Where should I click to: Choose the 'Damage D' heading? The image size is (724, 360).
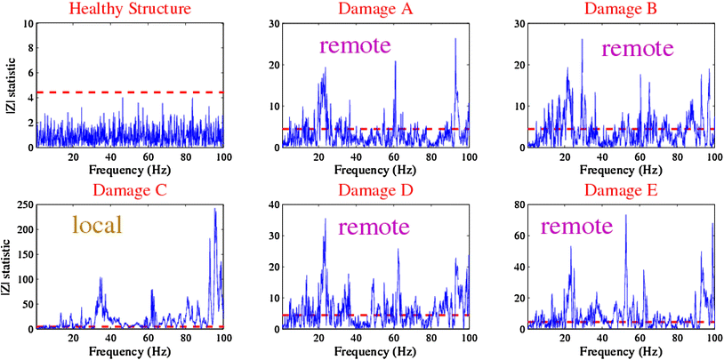click(x=374, y=190)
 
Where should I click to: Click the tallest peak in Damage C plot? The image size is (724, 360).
click(x=215, y=210)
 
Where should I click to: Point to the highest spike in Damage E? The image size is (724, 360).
click(x=626, y=216)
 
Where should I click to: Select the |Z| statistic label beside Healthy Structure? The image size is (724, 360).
click(x=8, y=84)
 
